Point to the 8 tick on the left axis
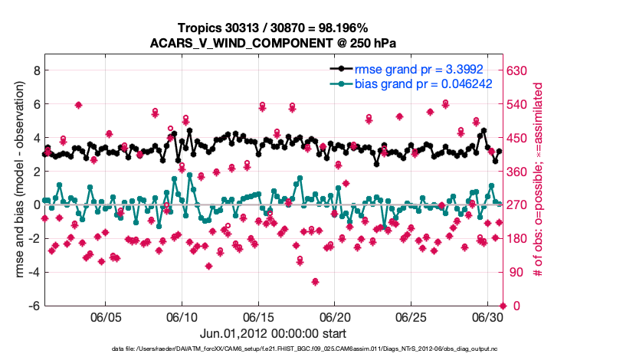(x=34, y=70)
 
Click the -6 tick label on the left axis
(x=32, y=306)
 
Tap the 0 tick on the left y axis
(x=34, y=205)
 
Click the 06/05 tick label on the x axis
(x=107, y=317)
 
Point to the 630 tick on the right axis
(x=519, y=70)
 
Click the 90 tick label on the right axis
(x=516, y=272)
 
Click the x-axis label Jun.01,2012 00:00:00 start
(x=274, y=333)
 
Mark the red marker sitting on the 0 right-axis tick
(x=503, y=306)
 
